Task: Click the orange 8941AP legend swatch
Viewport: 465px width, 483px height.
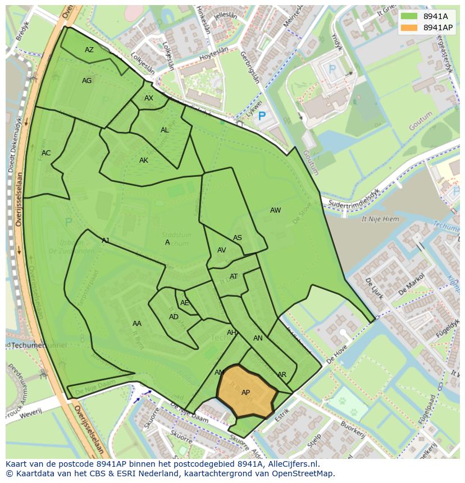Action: (x=409, y=27)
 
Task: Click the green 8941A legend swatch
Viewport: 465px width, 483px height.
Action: (x=409, y=16)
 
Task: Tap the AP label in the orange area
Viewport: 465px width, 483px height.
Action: (x=245, y=393)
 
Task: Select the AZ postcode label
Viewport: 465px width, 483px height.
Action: (x=89, y=50)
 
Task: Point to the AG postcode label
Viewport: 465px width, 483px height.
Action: (x=86, y=81)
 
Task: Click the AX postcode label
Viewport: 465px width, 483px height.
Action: (x=148, y=98)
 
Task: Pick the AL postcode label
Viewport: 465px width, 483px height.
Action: (x=165, y=130)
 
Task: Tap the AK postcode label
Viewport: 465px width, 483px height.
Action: (x=144, y=160)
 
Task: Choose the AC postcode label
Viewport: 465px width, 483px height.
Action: (x=46, y=153)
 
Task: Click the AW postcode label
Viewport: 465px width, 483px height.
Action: (x=275, y=210)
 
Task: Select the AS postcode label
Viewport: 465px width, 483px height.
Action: (x=238, y=238)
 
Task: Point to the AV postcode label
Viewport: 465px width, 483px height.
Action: (x=222, y=250)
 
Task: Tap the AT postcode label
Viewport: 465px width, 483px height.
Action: (x=234, y=277)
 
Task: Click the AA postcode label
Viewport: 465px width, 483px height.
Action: (x=137, y=324)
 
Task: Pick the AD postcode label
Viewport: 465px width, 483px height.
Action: (x=174, y=317)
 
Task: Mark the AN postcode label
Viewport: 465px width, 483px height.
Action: (x=258, y=338)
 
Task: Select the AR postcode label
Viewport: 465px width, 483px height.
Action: (x=282, y=375)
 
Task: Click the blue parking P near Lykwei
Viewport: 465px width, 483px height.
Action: (x=261, y=117)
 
